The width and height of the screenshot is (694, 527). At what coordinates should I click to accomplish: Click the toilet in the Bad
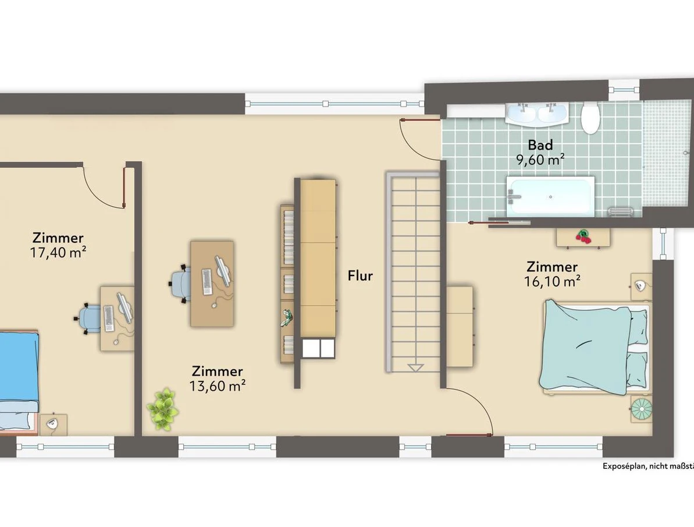pyautogui.click(x=590, y=118)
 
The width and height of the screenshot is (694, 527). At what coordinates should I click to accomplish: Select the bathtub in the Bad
pyautogui.click(x=550, y=196)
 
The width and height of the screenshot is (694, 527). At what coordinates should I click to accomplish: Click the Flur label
pyautogui.click(x=360, y=275)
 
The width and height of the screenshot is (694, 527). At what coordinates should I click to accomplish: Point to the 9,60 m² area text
pyautogui.click(x=540, y=160)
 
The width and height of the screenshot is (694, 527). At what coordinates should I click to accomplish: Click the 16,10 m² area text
pyautogui.click(x=553, y=281)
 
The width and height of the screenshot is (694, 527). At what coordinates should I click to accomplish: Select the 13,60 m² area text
pyautogui.click(x=218, y=385)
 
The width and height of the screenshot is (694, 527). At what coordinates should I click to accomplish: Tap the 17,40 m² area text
pyautogui.click(x=58, y=252)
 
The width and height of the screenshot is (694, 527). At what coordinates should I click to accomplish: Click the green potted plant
pyautogui.click(x=163, y=409)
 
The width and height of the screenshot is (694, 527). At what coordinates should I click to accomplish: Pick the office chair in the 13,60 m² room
pyautogui.click(x=180, y=284)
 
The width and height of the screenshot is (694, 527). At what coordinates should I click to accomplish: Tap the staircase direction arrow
pyautogui.click(x=415, y=367)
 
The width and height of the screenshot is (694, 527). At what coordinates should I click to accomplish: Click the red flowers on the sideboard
pyautogui.click(x=583, y=236)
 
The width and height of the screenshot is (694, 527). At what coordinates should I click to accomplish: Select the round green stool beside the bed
pyautogui.click(x=641, y=408)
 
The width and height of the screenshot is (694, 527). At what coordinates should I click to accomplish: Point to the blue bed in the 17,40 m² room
pyautogui.click(x=19, y=381)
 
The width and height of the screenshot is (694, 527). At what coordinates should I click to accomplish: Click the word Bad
pyautogui.click(x=540, y=145)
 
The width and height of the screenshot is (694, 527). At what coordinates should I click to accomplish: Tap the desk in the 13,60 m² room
pyautogui.click(x=212, y=284)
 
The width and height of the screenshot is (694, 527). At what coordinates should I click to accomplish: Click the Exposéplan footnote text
pyautogui.click(x=648, y=466)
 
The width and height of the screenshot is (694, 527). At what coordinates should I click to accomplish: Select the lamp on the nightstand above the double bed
pyautogui.click(x=640, y=286)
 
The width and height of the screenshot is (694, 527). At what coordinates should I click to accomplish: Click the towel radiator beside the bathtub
pyautogui.click(x=618, y=212)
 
